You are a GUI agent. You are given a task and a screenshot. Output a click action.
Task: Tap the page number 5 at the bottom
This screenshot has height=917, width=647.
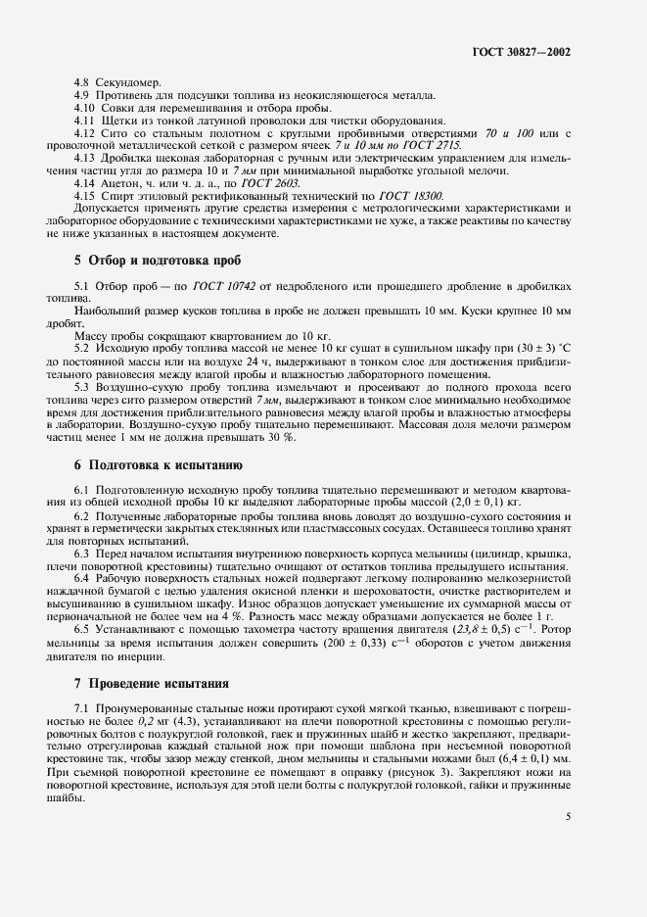[x=569, y=814]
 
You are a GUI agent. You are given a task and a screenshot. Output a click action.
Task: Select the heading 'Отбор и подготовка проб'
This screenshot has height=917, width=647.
[x=157, y=261]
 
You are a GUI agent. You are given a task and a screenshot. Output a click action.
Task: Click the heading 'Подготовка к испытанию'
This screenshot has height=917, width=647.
[x=158, y=464]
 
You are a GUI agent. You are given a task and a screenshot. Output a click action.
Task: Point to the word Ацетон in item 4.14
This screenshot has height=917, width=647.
[x=113, y=184]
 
